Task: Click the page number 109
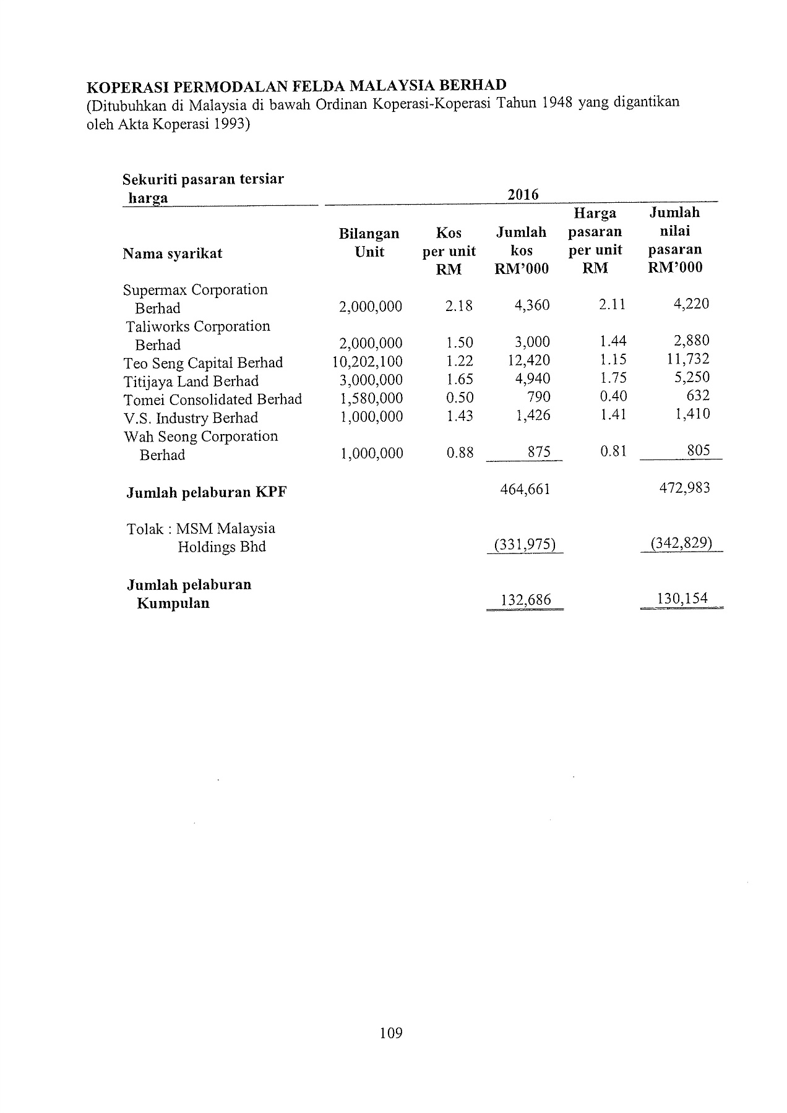391,1032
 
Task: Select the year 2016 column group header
523,195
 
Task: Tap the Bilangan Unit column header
369,243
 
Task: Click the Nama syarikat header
173,254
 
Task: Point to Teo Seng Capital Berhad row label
203,363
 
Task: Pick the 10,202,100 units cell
368,362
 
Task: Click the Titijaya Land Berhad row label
191,382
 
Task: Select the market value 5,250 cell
692,377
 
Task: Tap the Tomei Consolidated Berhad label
212,399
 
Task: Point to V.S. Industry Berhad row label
191,418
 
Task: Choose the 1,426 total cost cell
533,416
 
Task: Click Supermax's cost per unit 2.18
458,305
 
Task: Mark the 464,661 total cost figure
525,490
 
